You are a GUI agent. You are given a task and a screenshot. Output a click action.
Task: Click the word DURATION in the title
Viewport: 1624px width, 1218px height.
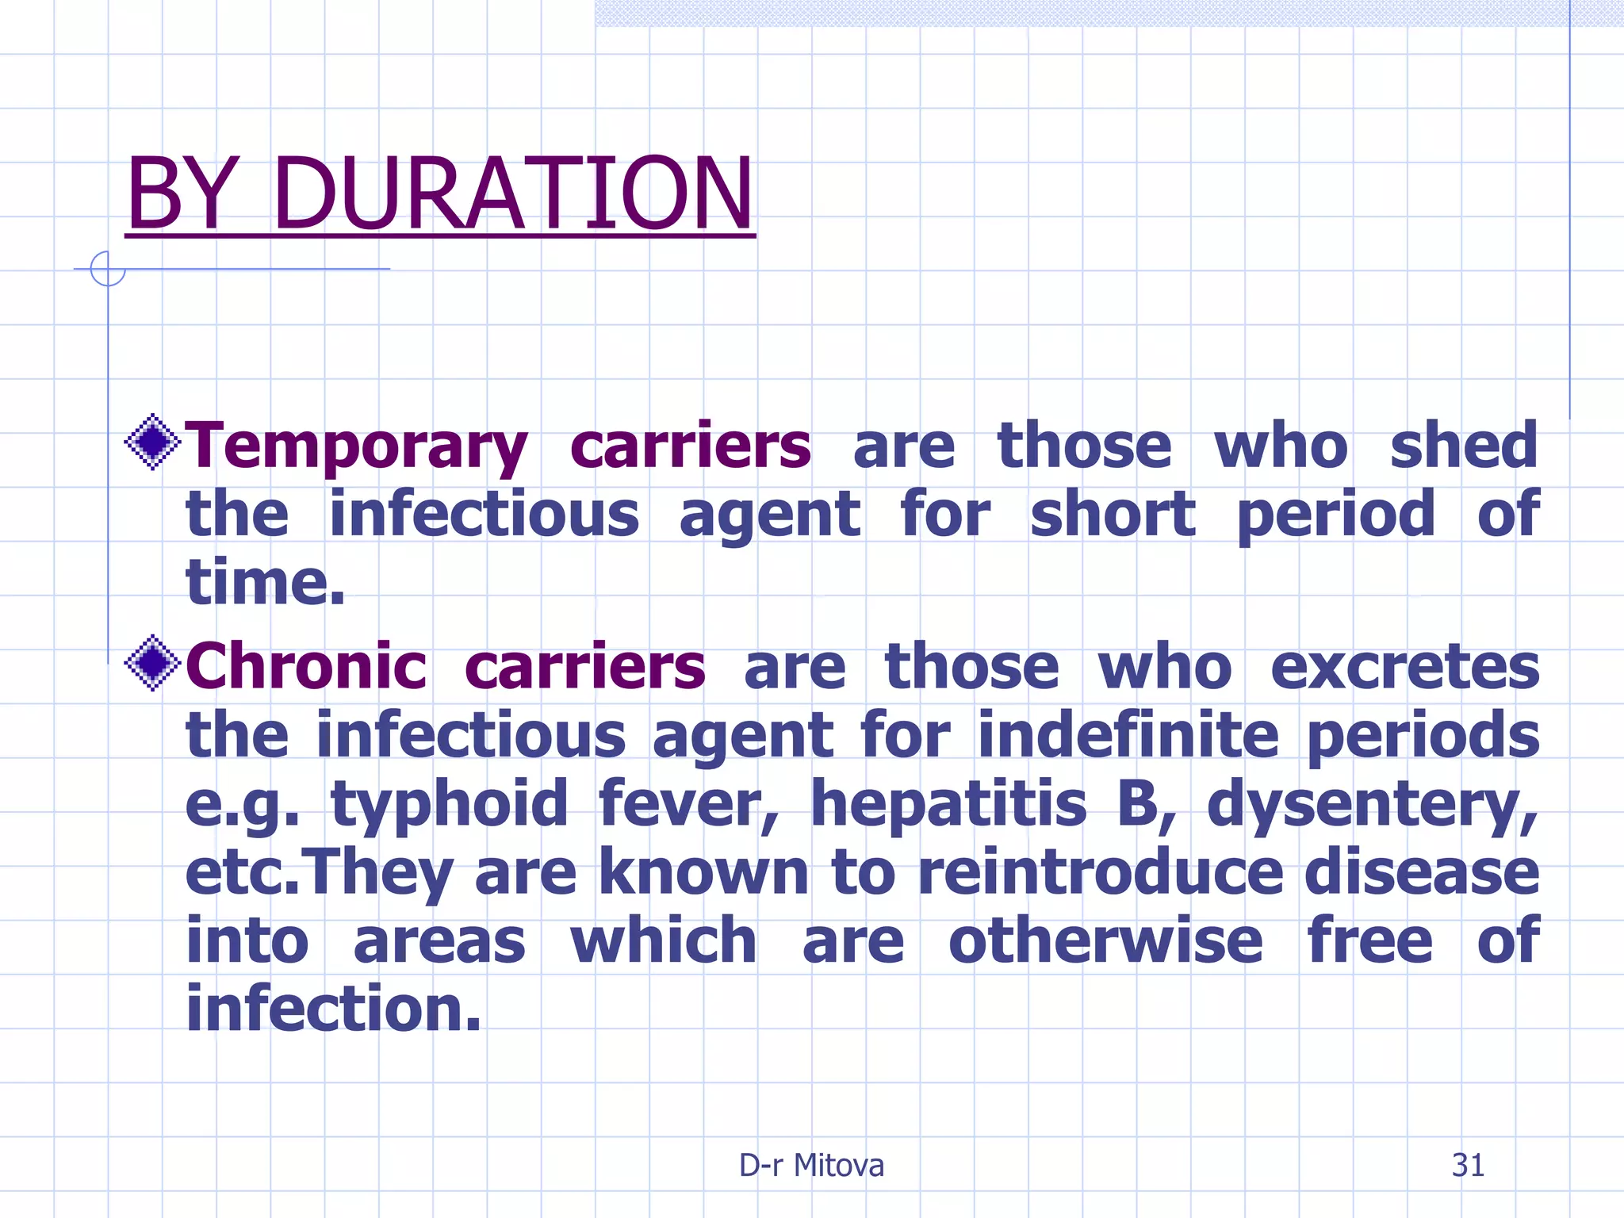pos(514,193)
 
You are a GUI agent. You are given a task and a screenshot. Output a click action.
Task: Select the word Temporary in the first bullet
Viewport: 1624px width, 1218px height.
pos(356,446)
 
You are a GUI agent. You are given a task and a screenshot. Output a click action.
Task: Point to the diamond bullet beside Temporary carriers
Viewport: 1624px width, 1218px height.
pos(153,441)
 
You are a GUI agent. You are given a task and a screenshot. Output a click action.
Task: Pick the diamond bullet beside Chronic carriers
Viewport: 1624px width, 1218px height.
pos(153,662)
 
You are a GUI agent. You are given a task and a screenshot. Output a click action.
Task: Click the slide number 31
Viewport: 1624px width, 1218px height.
pos(1468,1165)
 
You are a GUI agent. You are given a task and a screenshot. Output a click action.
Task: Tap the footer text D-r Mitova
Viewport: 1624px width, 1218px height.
pos(811,1165)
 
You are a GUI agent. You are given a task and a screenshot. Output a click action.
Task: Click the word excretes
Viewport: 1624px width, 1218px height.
pos(1404,668)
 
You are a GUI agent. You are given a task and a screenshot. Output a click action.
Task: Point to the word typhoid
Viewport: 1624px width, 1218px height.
pos(450,804)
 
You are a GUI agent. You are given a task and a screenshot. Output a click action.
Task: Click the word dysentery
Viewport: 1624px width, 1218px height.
pos(1372,804)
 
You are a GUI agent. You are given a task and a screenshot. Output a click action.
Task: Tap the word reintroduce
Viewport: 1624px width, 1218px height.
pos(1100,871)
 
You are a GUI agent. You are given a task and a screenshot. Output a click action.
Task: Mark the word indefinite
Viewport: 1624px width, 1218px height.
pos(1128,734)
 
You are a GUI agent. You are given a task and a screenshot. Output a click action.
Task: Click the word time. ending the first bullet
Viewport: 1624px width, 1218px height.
pos(266,582)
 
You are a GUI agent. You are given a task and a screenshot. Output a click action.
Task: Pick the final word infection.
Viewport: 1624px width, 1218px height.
pos(333,1009)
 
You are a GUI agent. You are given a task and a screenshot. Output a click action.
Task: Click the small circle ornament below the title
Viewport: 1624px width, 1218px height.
pos(108,269)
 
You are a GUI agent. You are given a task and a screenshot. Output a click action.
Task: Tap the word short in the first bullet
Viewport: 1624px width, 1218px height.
pos(1113,514)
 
